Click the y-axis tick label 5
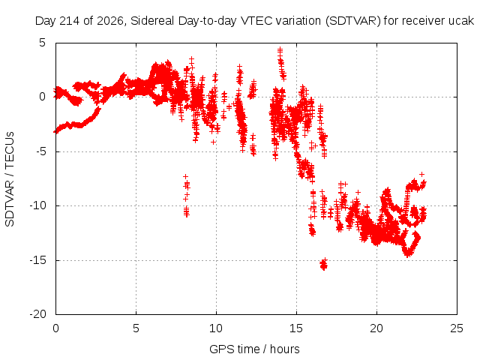42,43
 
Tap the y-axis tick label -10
38,205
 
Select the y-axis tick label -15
38,260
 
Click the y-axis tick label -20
38,314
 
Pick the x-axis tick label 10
216,328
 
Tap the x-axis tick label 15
296,328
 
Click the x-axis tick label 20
376,328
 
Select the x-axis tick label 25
457,328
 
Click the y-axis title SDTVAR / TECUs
10,179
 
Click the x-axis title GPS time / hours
254,349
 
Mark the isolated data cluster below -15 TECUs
323,264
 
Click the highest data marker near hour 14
280,49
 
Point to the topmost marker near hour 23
421,174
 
